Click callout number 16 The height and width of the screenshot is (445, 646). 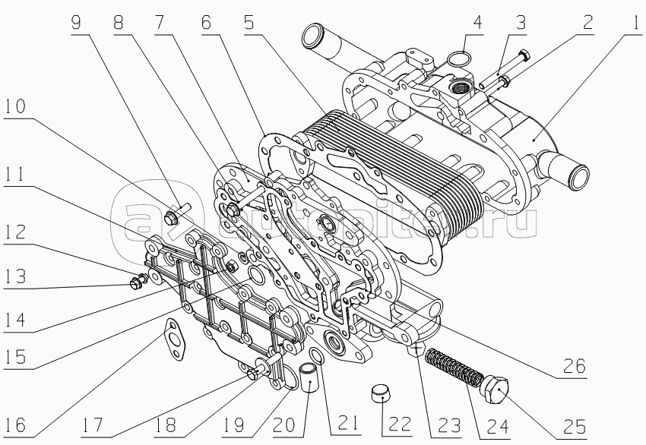22,423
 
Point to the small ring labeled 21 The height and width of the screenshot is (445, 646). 317,358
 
